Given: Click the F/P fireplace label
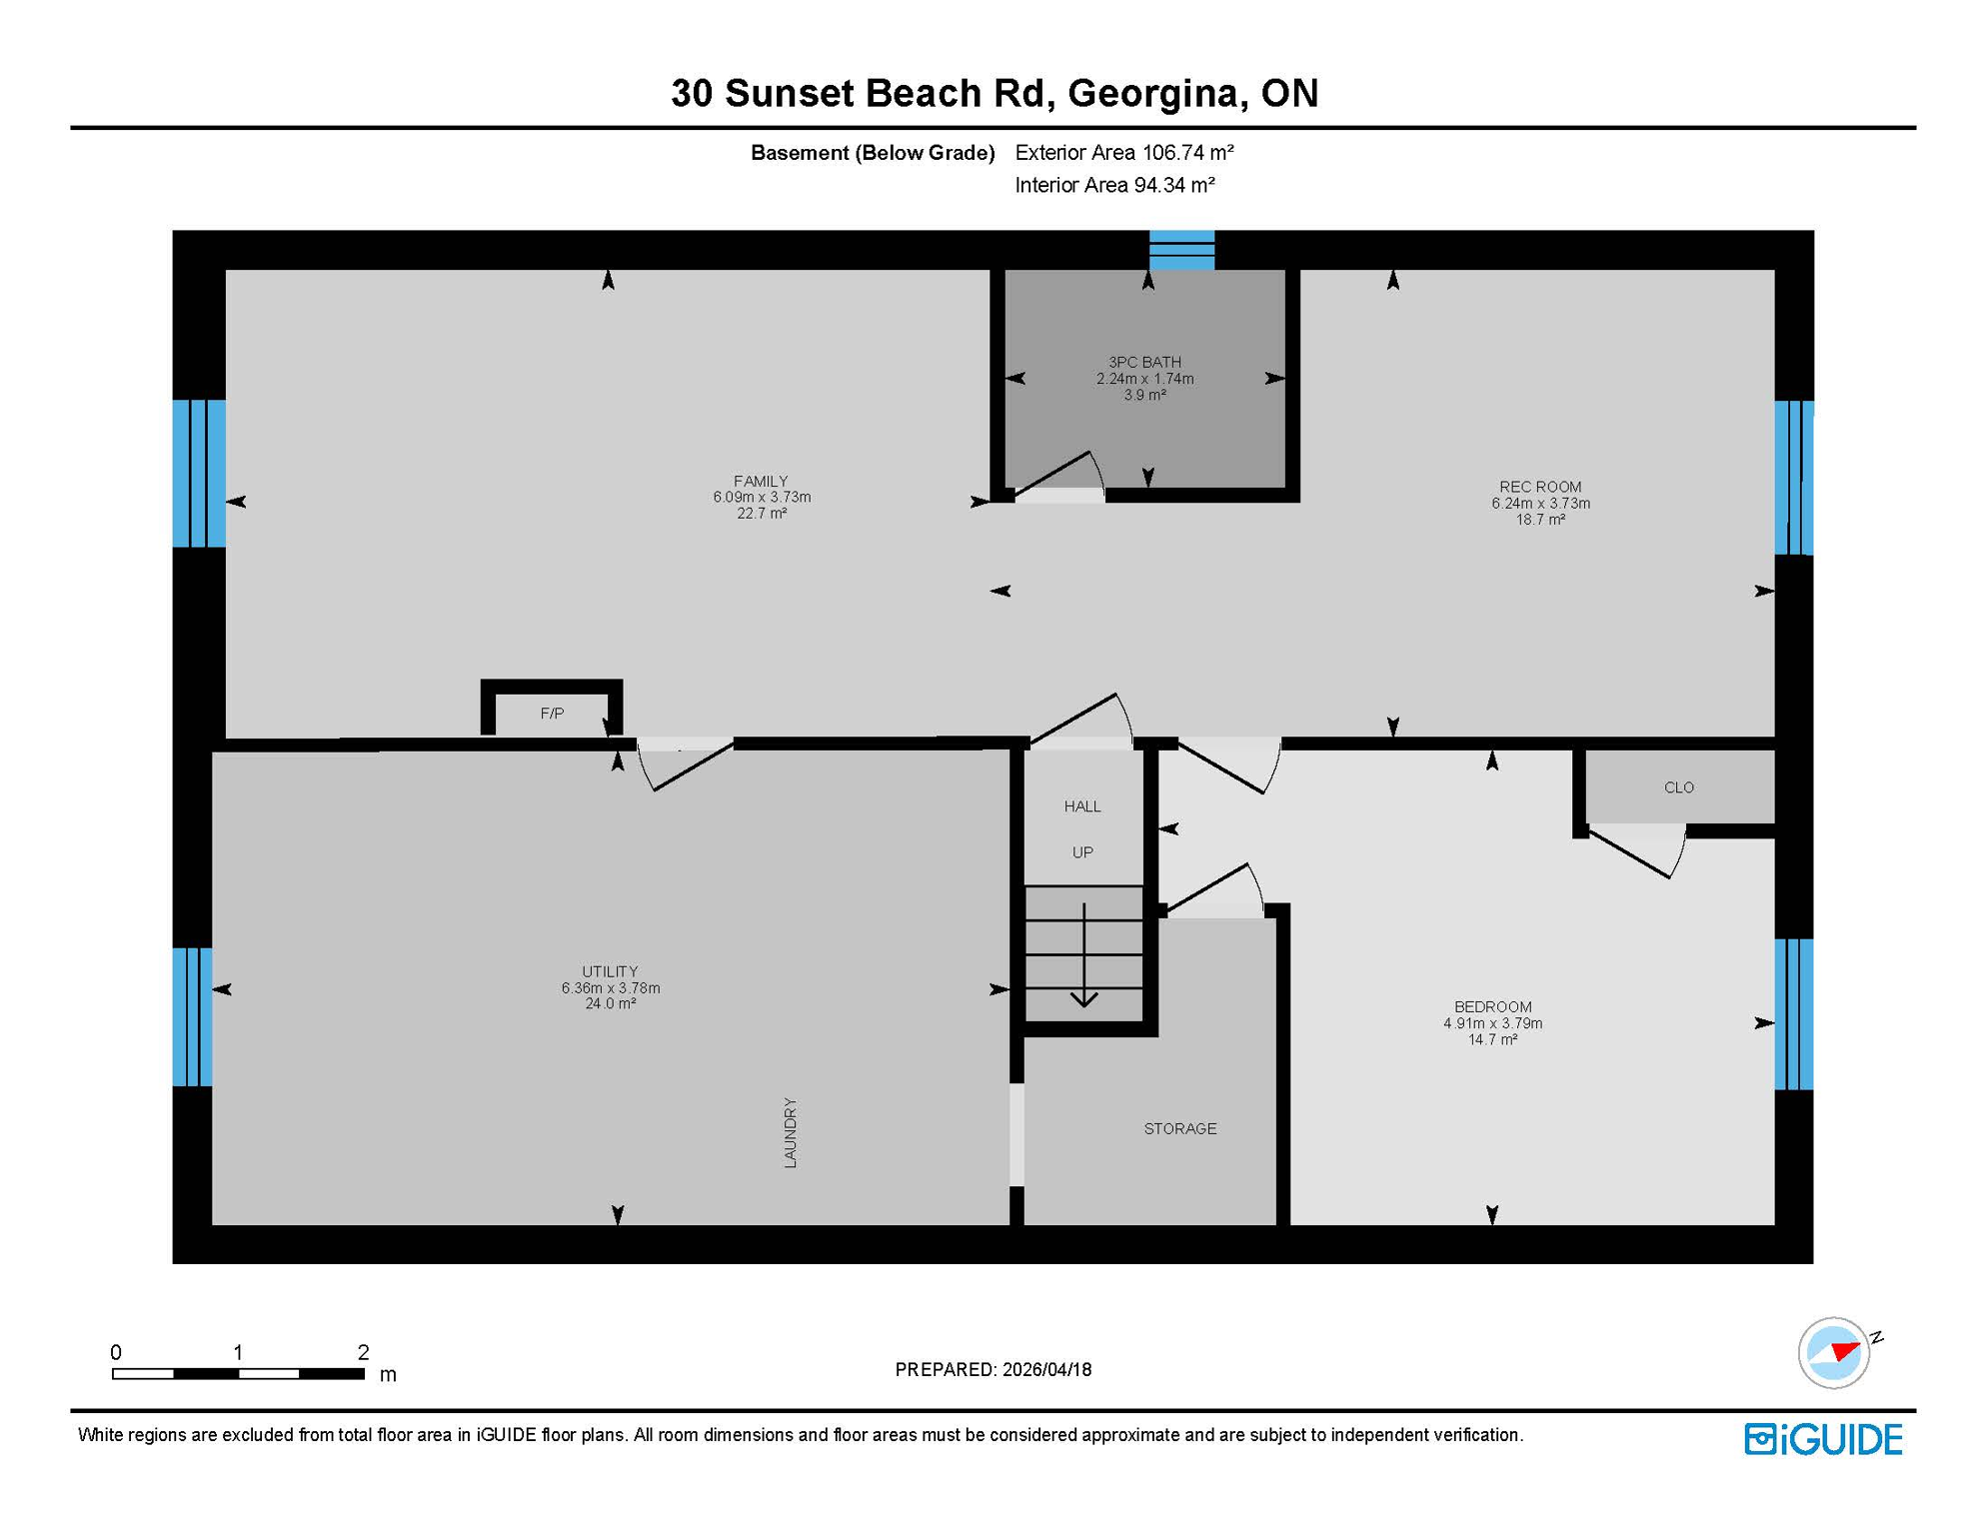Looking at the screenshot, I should point(552,714).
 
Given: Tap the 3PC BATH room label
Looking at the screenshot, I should point(1144,363).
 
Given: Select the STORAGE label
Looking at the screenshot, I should point(1179,1128).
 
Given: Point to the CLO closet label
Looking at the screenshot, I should point(1678,787).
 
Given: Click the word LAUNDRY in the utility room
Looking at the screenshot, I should point(790,1132).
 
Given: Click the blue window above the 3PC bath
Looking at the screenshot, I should point(1181,250).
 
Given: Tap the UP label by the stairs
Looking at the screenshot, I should point(1082,852).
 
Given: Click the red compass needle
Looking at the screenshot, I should point(1845,1351).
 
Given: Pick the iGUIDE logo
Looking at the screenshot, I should point(1823,1439).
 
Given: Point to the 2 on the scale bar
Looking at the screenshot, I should point(363,1352).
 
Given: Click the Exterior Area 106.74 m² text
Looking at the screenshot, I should point(1123,153).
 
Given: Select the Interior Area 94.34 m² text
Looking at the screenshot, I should point(1113,185).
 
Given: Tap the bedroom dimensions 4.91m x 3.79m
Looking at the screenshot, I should point(1492,1023).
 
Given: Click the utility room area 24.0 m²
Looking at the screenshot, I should point(610,1003).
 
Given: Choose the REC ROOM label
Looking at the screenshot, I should point(1539,487).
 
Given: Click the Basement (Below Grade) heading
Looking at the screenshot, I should point(872,153).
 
